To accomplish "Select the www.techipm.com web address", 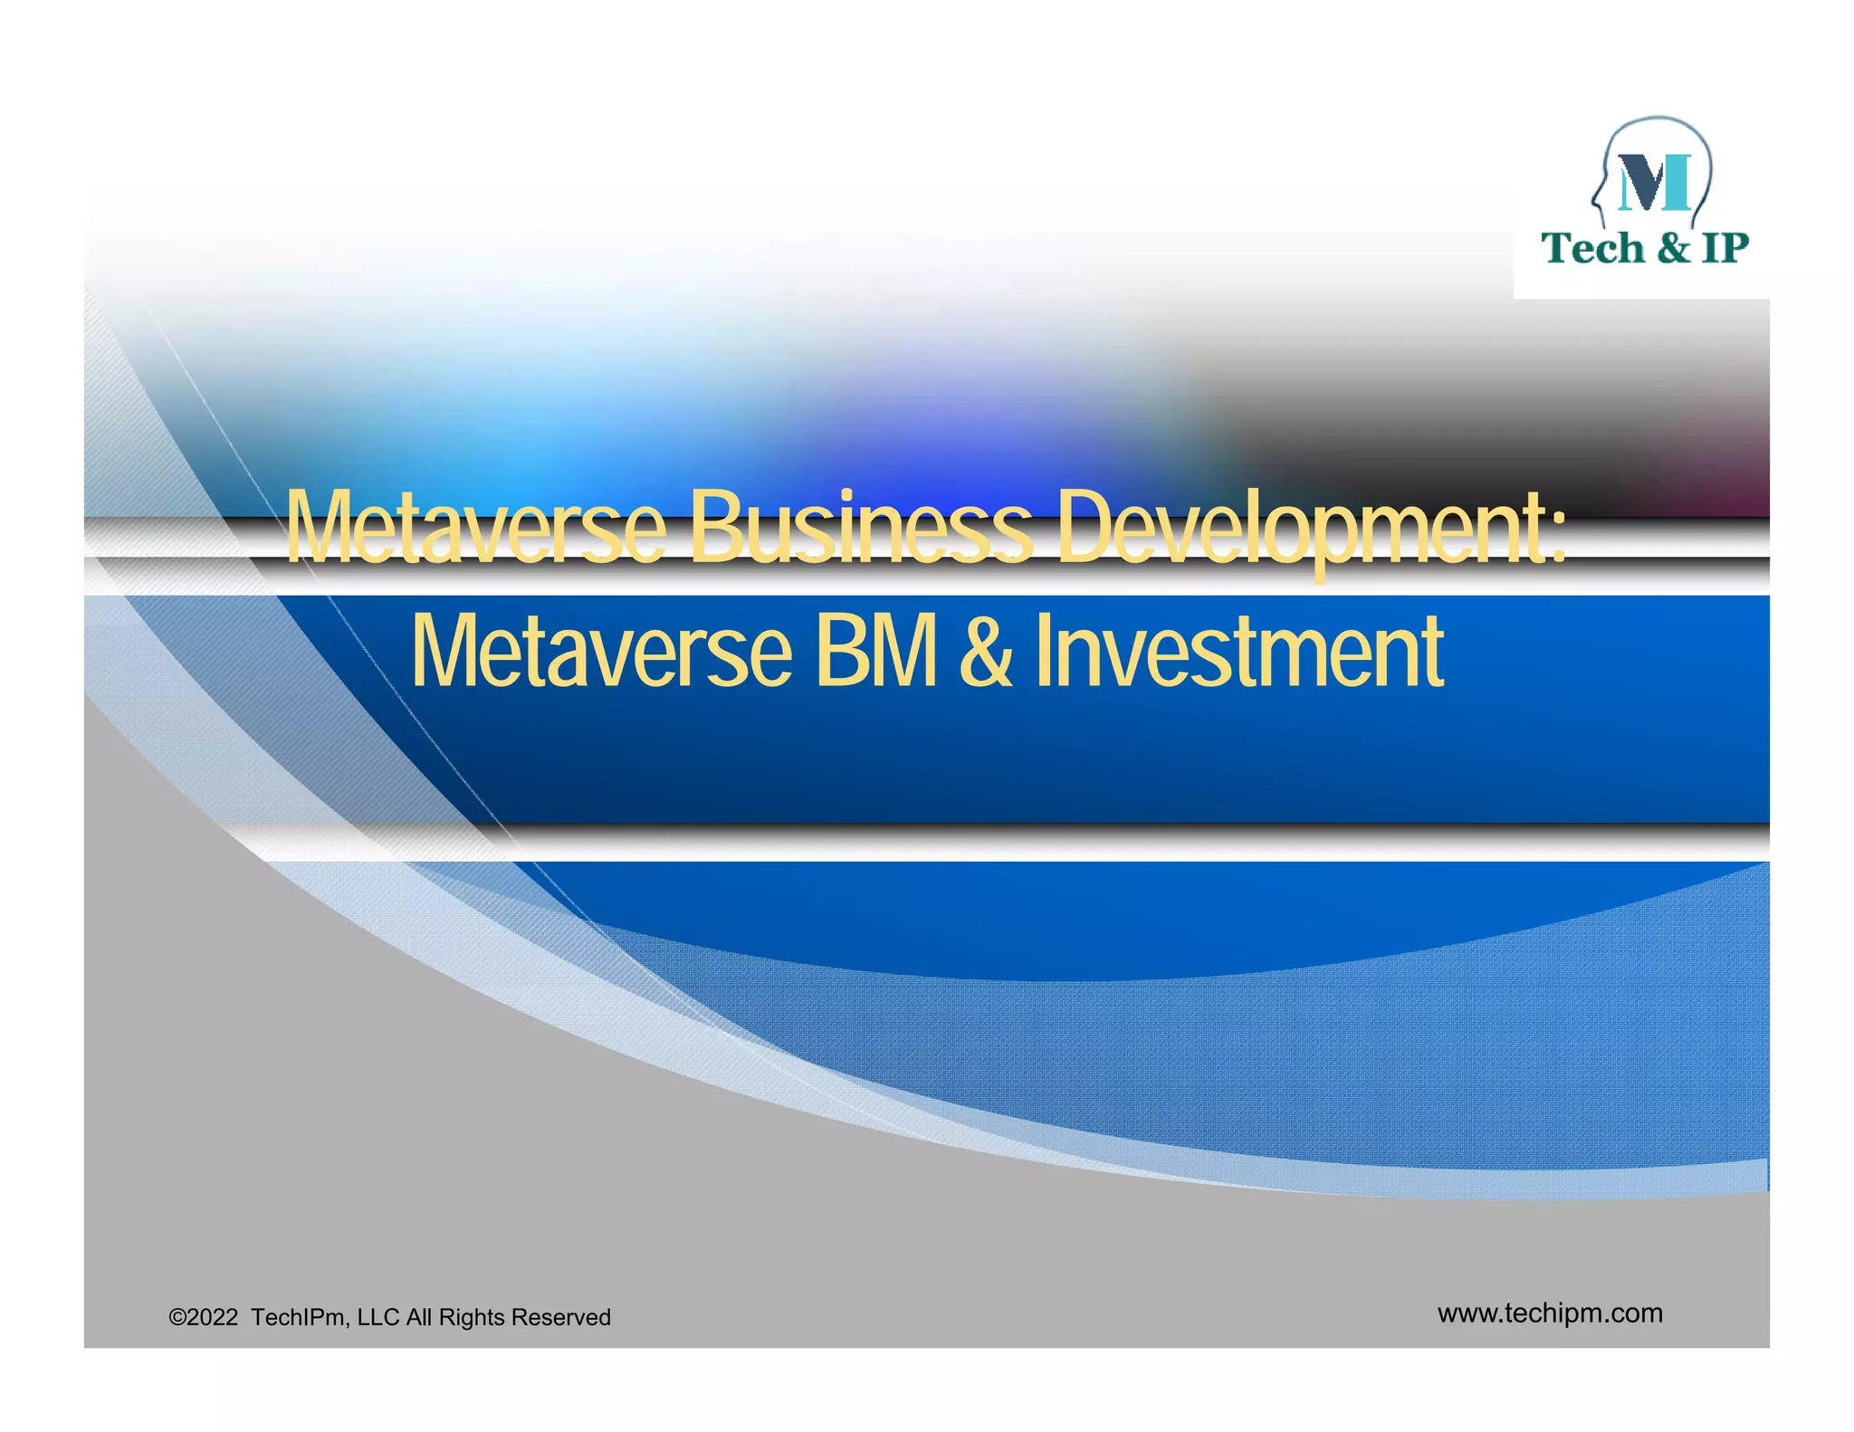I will coord(1550,1313).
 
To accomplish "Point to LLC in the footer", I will coord(377,1317).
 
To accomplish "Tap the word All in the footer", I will coord(418,1317).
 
